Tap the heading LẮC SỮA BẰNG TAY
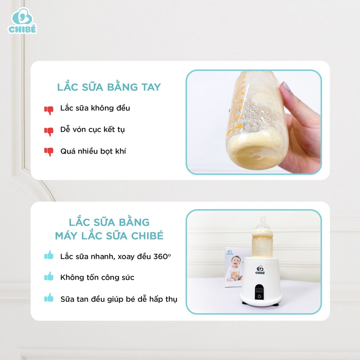click(109, 87)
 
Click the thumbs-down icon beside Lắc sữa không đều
click(49, 110)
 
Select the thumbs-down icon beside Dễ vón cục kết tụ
click(49, 131)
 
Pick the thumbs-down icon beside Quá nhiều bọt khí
click(49, 152)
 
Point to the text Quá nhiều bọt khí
click(93, 151)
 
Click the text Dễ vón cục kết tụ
click(92, 129)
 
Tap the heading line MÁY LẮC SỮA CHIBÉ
click(109, 236)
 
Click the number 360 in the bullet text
click(160, 256)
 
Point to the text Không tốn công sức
click(97, 277)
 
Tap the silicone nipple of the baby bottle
click(262, 224)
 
